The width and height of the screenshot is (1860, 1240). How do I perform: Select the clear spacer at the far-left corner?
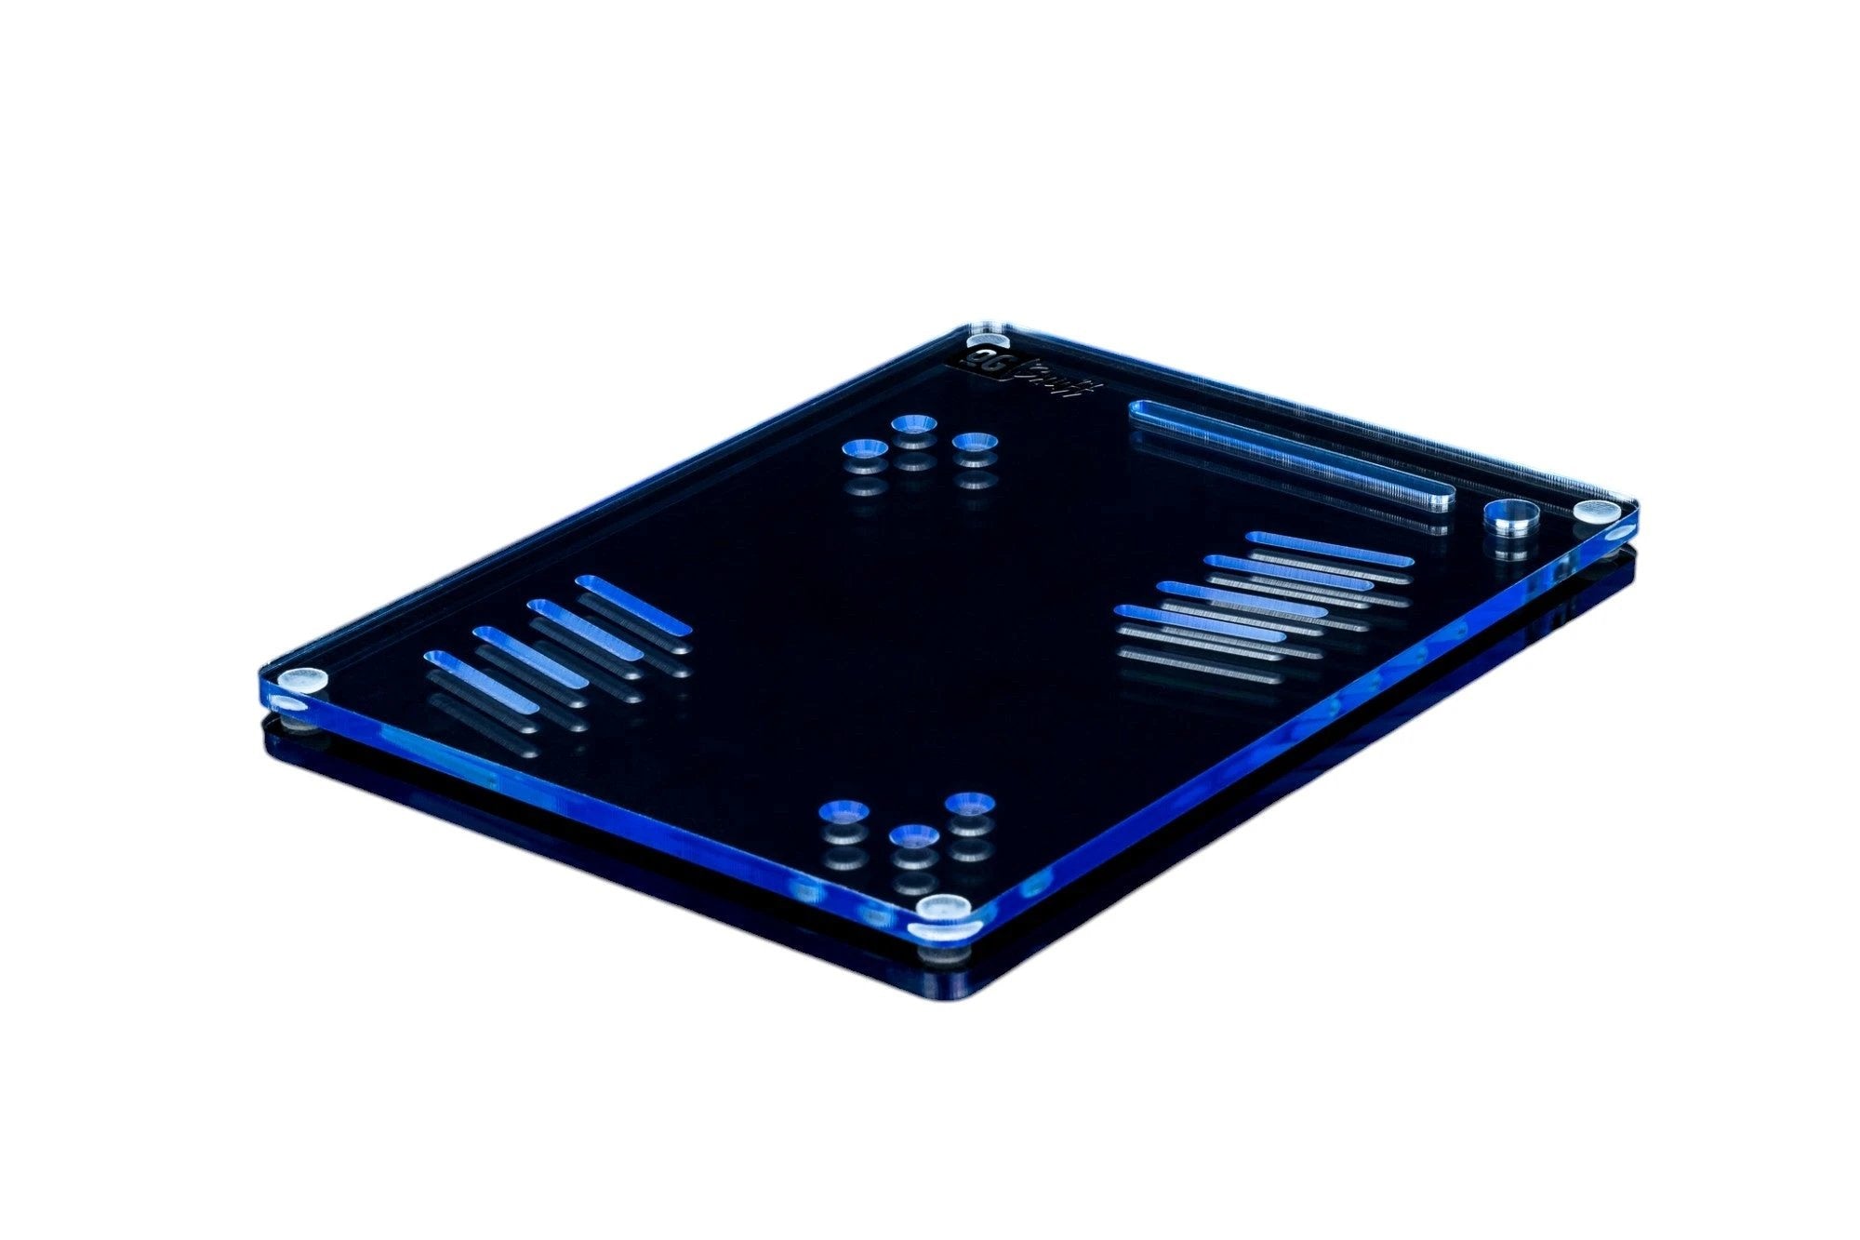click(303, 681)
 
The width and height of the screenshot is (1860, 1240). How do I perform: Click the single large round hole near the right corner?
click(1510, 513)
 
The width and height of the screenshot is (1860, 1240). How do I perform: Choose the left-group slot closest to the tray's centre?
click(633, 606)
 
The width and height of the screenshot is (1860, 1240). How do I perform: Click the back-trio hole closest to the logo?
click(913, 425)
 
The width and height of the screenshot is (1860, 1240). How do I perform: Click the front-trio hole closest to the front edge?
click(913, 835)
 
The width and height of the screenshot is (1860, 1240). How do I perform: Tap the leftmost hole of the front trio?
click(844, 811)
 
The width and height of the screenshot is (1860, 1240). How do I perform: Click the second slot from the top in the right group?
click(1289, 571)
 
